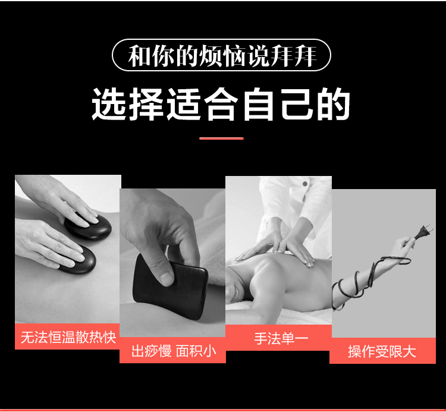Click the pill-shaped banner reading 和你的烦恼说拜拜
click(x=221, y=55)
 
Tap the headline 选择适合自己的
click(x=221, y=105)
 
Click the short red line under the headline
click(x=221, y=139)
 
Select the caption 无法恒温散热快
click(x=68, y=338)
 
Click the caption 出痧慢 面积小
click(x=174, y=351)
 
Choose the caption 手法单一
click(x=281, y=339)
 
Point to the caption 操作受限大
click(x=382, y=351)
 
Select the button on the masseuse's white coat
click(x=305, y=184)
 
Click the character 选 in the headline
click(x=109, y=105)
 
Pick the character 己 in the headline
click(x=297, y=104)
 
